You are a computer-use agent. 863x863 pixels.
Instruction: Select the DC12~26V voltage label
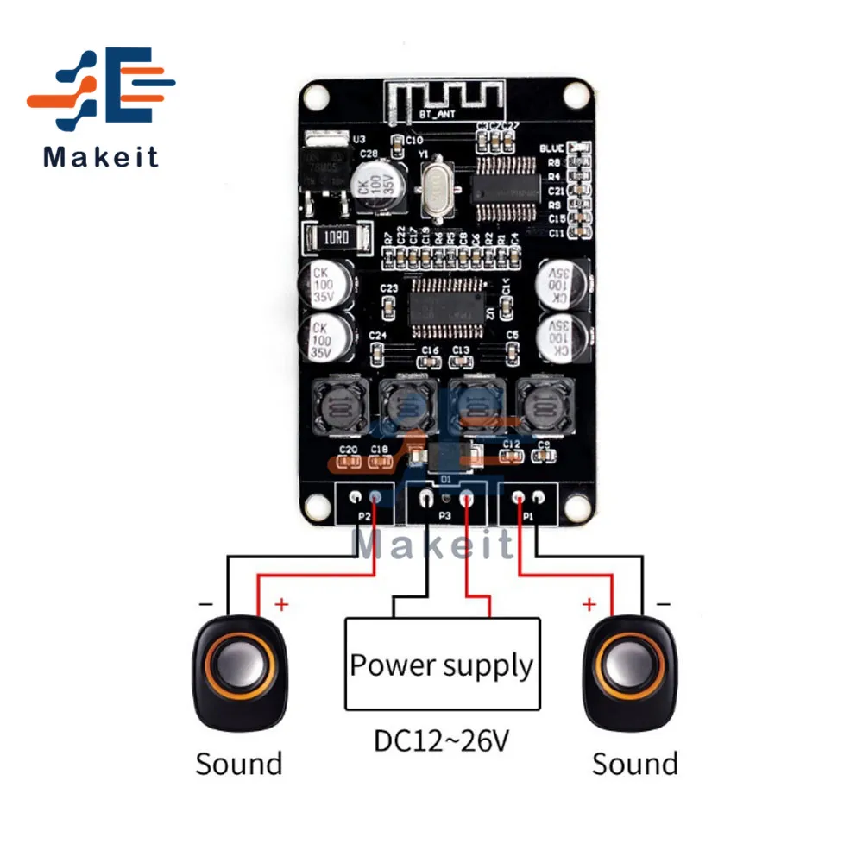tap(441, 740)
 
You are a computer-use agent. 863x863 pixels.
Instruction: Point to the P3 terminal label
tap(445, 515)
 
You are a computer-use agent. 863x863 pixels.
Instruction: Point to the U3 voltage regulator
tap(323, 167)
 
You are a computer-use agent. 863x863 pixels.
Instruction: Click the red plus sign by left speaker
tap(280, 603)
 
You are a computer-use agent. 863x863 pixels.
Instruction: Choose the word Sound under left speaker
tap(239, 763)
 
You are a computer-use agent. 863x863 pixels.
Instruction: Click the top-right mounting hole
tap(572, 94)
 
